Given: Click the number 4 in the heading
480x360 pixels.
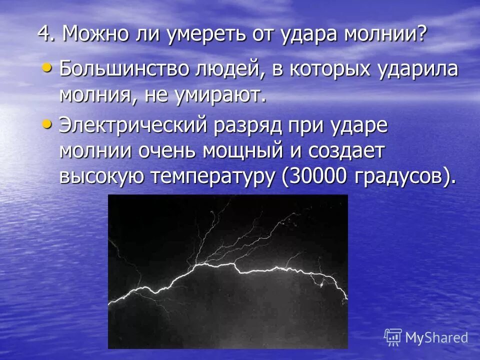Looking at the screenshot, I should click(x=43, y=34).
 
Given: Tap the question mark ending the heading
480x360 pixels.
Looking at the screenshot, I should click(x=421, y=34).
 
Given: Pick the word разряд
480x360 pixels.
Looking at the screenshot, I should click(x=247, y=125).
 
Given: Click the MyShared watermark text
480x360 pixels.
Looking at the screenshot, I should click(x=436, y=337).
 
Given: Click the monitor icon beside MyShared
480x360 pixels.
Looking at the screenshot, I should click(x=393, y=336).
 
